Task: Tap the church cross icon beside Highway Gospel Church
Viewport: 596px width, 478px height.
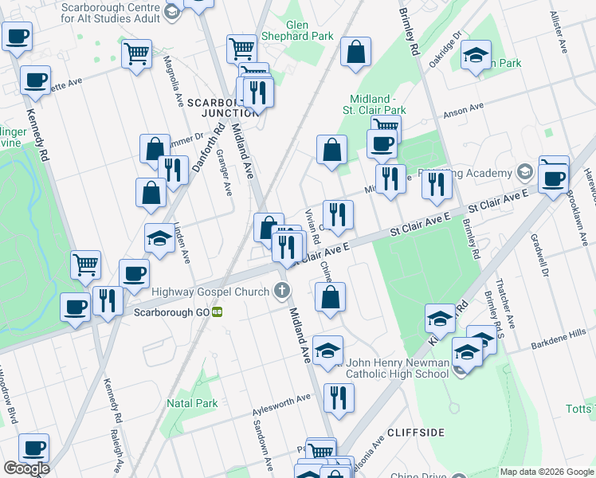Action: pos(280,292)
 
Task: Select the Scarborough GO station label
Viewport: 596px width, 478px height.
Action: pos(165,312)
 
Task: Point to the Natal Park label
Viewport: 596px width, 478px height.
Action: pos(192,403)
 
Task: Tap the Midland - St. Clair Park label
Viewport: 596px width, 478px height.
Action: pos(374,104)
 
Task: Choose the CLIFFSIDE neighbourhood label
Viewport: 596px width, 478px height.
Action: pos(415,432)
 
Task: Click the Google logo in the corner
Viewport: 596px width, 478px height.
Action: pos(26,468)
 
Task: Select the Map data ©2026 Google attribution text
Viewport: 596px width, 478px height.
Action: pos(546,472)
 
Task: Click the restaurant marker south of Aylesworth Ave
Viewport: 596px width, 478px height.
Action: pos(339,398)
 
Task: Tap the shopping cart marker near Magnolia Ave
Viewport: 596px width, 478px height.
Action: pos(136,54)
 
